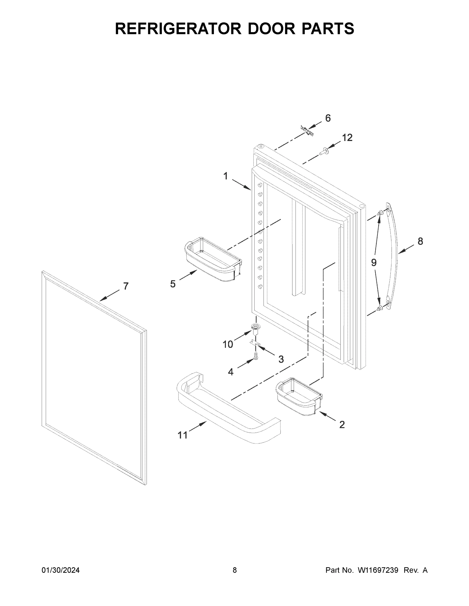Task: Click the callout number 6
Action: click(x=328, y=118)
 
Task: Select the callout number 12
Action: click(x=347, y=138)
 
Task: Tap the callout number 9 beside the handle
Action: click(x=374, y=262)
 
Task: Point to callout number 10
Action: click(x=228, y=344)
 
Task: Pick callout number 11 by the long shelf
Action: click(x=183, y=435)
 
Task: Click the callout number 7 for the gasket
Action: click(x=126, y=286)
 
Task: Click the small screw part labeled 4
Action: click(x=256, y=356)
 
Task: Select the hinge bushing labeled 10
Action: click(x=255, y=328)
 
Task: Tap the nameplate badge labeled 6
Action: click(x=307, y=131)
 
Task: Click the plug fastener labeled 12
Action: click(x=324, y=152)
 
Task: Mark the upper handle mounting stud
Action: click(x=379, y=213)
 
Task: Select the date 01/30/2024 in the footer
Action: click(x=61, y=570)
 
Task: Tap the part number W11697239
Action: click(x=378, y=570)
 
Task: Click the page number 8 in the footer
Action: click(x=235, y=570)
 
